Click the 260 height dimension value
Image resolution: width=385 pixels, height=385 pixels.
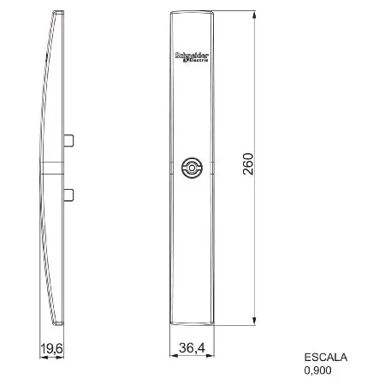click(248, 164)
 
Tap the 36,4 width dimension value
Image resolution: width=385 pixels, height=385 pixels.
click(192, 347)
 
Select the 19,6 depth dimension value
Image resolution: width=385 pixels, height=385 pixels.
click(51, 348)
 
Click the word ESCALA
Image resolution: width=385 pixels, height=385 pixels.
click(326, 358)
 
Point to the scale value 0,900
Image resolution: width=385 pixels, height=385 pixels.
click(317, 370)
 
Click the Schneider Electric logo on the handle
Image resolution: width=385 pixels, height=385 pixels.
click(192, 57)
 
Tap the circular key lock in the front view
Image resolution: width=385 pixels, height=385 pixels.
click(192, 168)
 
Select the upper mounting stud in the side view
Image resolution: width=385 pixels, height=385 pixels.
click(68, 140)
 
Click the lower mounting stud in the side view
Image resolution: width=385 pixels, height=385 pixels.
click(68, 195)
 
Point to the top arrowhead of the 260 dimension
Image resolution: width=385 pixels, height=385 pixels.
click(254, 15)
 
